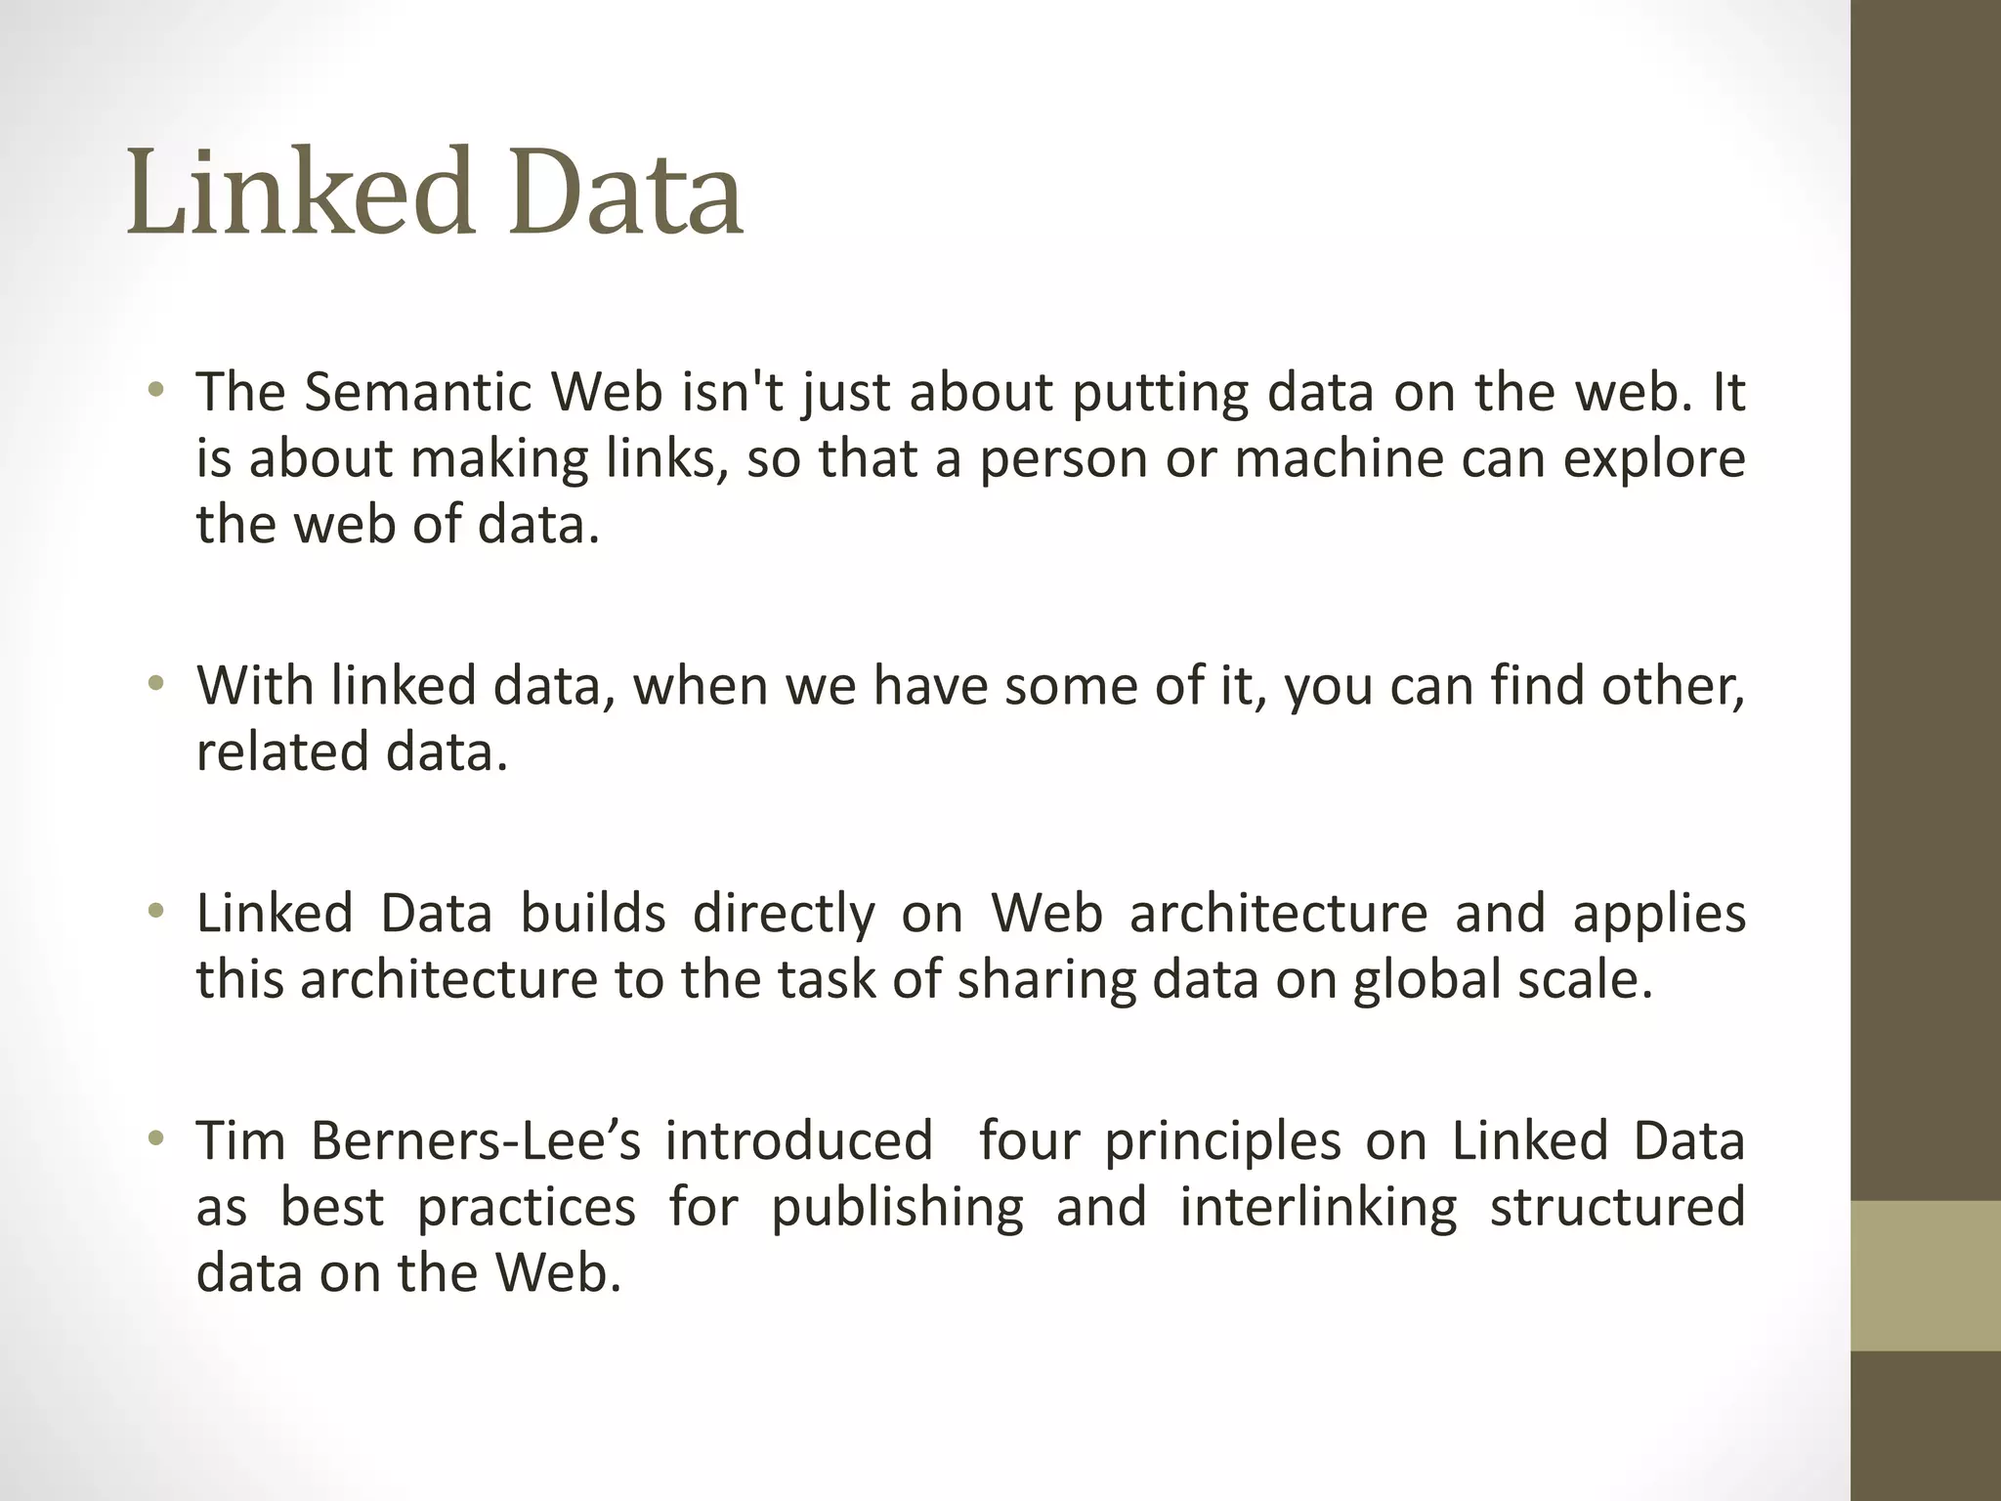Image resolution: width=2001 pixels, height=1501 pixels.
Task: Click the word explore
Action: pyautogui.click(x=1653, y=460)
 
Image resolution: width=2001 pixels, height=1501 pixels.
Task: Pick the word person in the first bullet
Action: pyautogui.click(x=1063, y=460)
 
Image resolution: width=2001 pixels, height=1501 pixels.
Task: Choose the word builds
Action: pyautogui.click(x=592, y=914)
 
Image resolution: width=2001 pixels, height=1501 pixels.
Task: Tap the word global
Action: pyautogui.click(x=1426, y=980)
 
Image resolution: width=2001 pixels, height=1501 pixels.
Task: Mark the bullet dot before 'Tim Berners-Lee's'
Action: pyautogui.click(x=154, y=1140)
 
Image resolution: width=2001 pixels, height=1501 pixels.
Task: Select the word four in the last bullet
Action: pyautogui.click(x=1030, y=1140)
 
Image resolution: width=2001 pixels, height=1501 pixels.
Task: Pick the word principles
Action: pyautogui.click(x=1223, y=1142)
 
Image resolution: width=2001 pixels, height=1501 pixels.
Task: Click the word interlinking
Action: pyautogui.click(x=1318, y=1208)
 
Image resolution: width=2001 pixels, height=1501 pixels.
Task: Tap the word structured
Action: pyautogui.click(x=1617, y=1206)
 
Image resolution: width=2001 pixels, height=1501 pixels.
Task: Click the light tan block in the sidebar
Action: pyautogui.click(x=1925, y=1275)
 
